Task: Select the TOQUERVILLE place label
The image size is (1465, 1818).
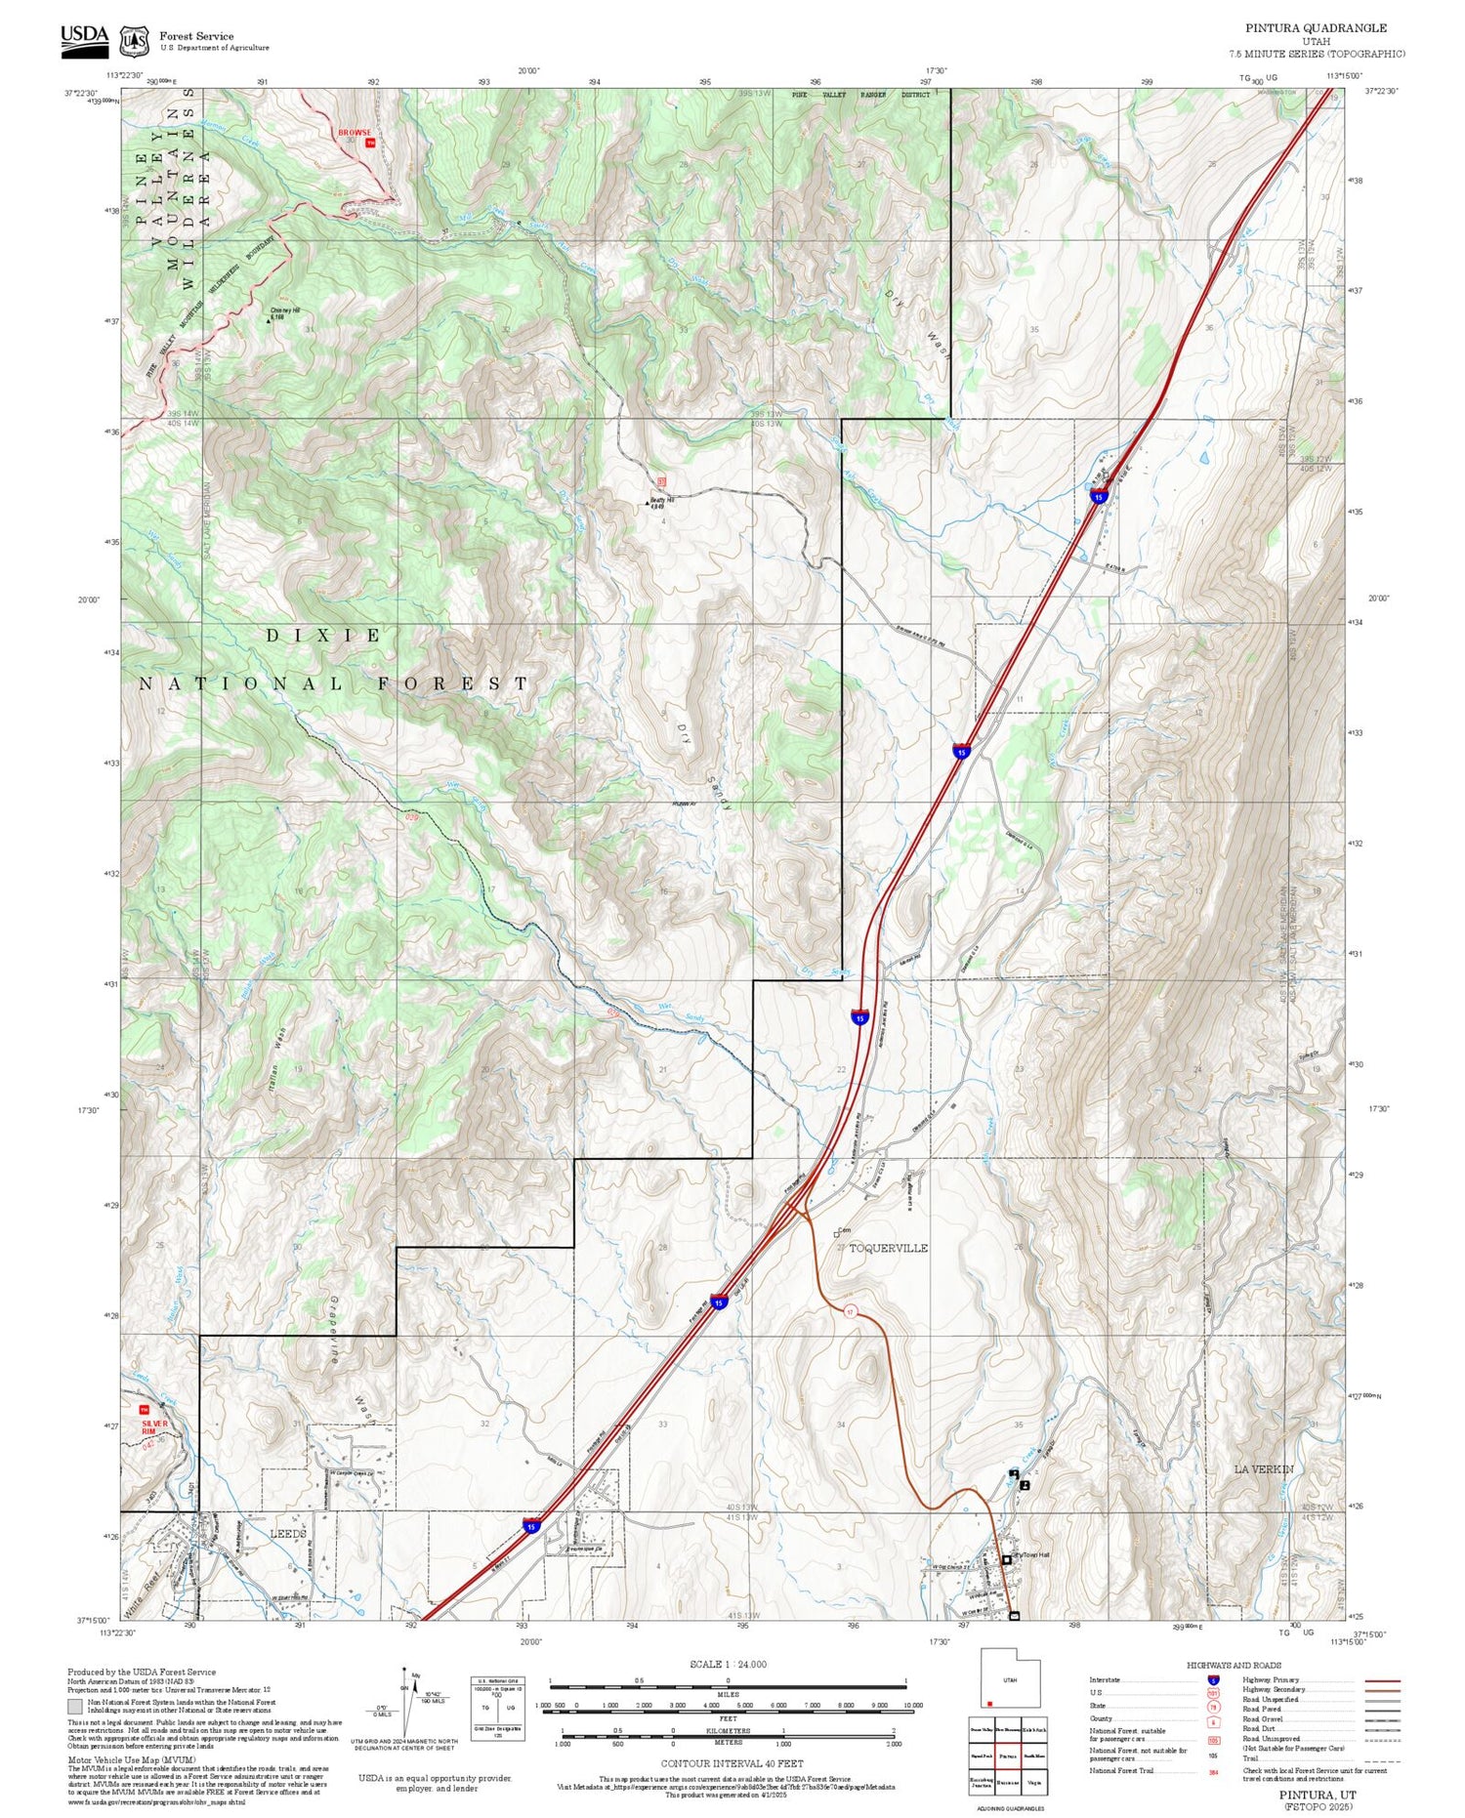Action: point(888,1249)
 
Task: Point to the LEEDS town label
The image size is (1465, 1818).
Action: point(287,1534)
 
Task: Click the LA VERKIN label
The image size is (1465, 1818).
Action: point(1263,1469)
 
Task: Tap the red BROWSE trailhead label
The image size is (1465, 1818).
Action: point(355,133)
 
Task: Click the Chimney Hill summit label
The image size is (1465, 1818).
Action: point(285,311)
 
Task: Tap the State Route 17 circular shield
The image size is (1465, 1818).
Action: point(850,1312)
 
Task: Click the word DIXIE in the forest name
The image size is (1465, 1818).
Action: point(324,636)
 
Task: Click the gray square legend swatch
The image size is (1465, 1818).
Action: point(75,1706)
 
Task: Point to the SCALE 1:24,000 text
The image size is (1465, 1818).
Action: point(728,1665)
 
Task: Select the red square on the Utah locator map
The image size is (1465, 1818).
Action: point(989,1704)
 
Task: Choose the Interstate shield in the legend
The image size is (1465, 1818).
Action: point(1213,1680)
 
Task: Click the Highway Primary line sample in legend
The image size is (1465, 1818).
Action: point(1375,1680)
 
